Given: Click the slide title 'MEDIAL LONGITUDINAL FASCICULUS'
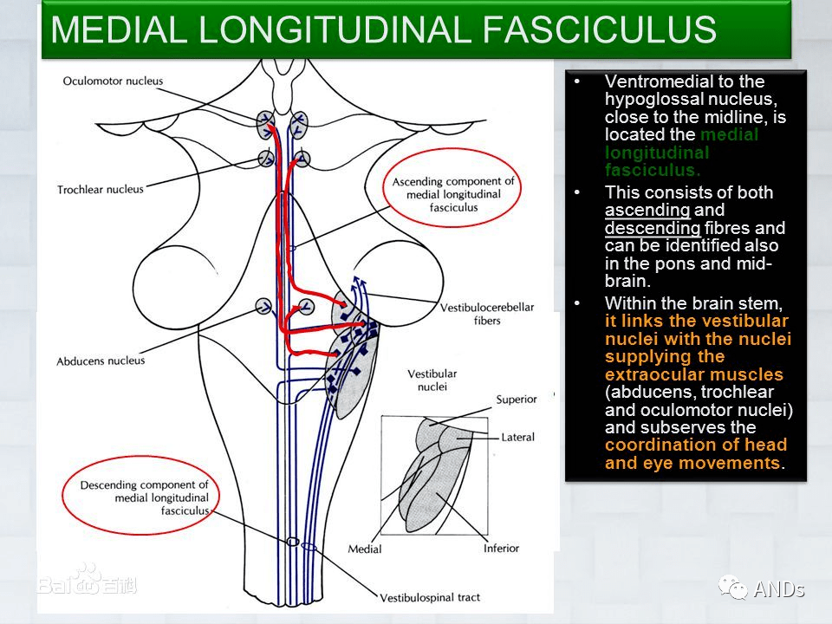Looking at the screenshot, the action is pyautogui.click(x=383, y=29).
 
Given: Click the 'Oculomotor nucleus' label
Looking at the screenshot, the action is pyautogui.click(x=113, y=81).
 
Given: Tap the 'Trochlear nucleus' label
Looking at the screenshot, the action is pyautogui.click(x=101, y=190).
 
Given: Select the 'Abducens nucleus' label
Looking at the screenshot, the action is pyautogui.click(x=101, y=361).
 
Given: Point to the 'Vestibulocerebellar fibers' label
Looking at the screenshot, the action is pyautogui.click(x=487, y=314).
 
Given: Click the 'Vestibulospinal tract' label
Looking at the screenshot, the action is pyautogui.click(x=430, y=597).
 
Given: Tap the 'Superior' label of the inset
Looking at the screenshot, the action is pyautogui.click(x=517, y=399).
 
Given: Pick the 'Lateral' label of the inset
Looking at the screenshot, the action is pyautogui.click(x=518, y=437).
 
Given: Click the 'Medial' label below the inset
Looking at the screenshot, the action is pyautogui.click(x=365, y=549).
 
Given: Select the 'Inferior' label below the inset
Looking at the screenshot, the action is pyautogui.click(x=501, y=548).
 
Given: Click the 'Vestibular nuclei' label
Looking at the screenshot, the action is pyautogui.click(x=432, y=380).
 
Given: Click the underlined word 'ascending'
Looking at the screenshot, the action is pyautogui.click(x=647, y=210).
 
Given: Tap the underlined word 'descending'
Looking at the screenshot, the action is pyautogui.click(x=653, y=228).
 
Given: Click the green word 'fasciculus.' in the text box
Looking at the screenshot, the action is pyautogui.click(x=653, y=170).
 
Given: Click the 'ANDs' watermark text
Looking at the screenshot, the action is pyautogui.click(x=779, y=589).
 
